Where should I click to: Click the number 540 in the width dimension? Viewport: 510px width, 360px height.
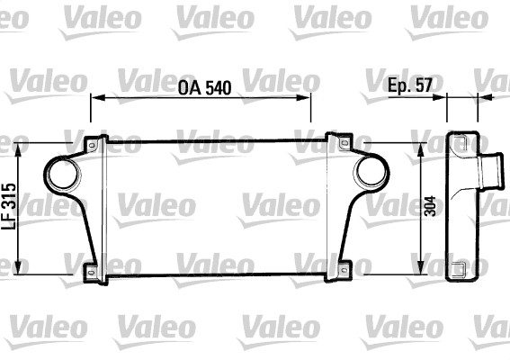pyautogui.click(x=217, y=88)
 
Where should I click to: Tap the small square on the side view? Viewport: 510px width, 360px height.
pyautogui.click(x=460, y=267)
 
